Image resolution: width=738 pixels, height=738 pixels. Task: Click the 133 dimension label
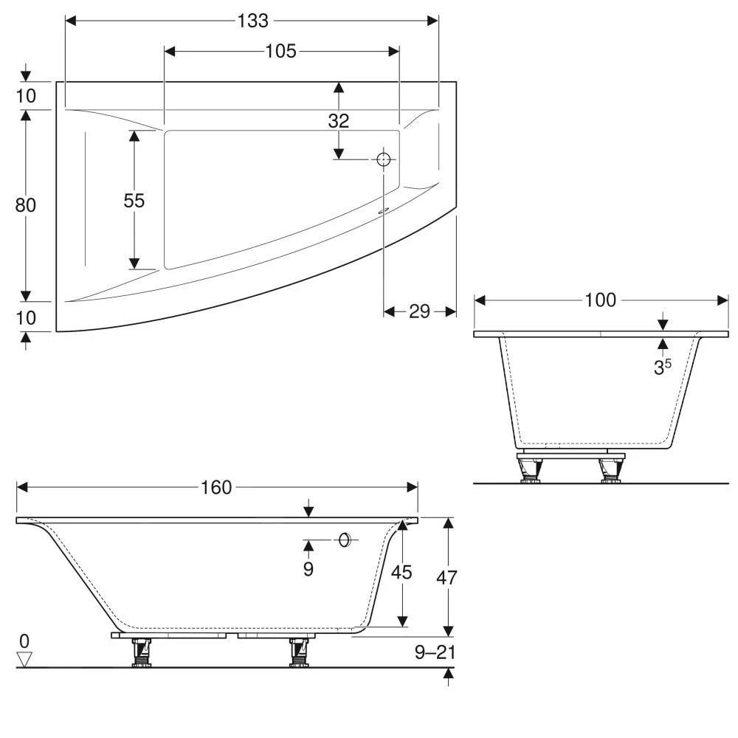[252, 21]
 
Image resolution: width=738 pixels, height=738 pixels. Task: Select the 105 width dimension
[281, 51]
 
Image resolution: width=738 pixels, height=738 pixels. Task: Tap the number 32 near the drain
[339, 120]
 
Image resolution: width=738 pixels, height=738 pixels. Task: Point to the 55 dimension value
[134, 200]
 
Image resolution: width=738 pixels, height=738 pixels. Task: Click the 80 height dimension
[26, 205]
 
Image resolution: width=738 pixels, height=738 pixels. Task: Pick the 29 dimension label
[419, 311]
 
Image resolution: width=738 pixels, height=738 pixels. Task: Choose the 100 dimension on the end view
[601, 300]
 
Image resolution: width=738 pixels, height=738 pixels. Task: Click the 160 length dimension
[216, 487]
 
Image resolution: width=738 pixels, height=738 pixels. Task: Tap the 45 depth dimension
[401, 572]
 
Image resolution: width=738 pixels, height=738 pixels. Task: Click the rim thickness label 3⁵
[662, 367]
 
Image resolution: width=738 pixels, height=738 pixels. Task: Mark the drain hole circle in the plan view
[384, 159]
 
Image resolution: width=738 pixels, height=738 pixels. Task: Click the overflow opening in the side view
[344, 540]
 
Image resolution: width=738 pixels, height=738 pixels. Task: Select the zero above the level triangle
[26, 641]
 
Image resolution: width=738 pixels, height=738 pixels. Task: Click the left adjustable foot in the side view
[140, 652]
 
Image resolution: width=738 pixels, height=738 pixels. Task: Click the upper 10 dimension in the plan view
[26, 96]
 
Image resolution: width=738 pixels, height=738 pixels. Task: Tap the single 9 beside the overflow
[308, 569]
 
